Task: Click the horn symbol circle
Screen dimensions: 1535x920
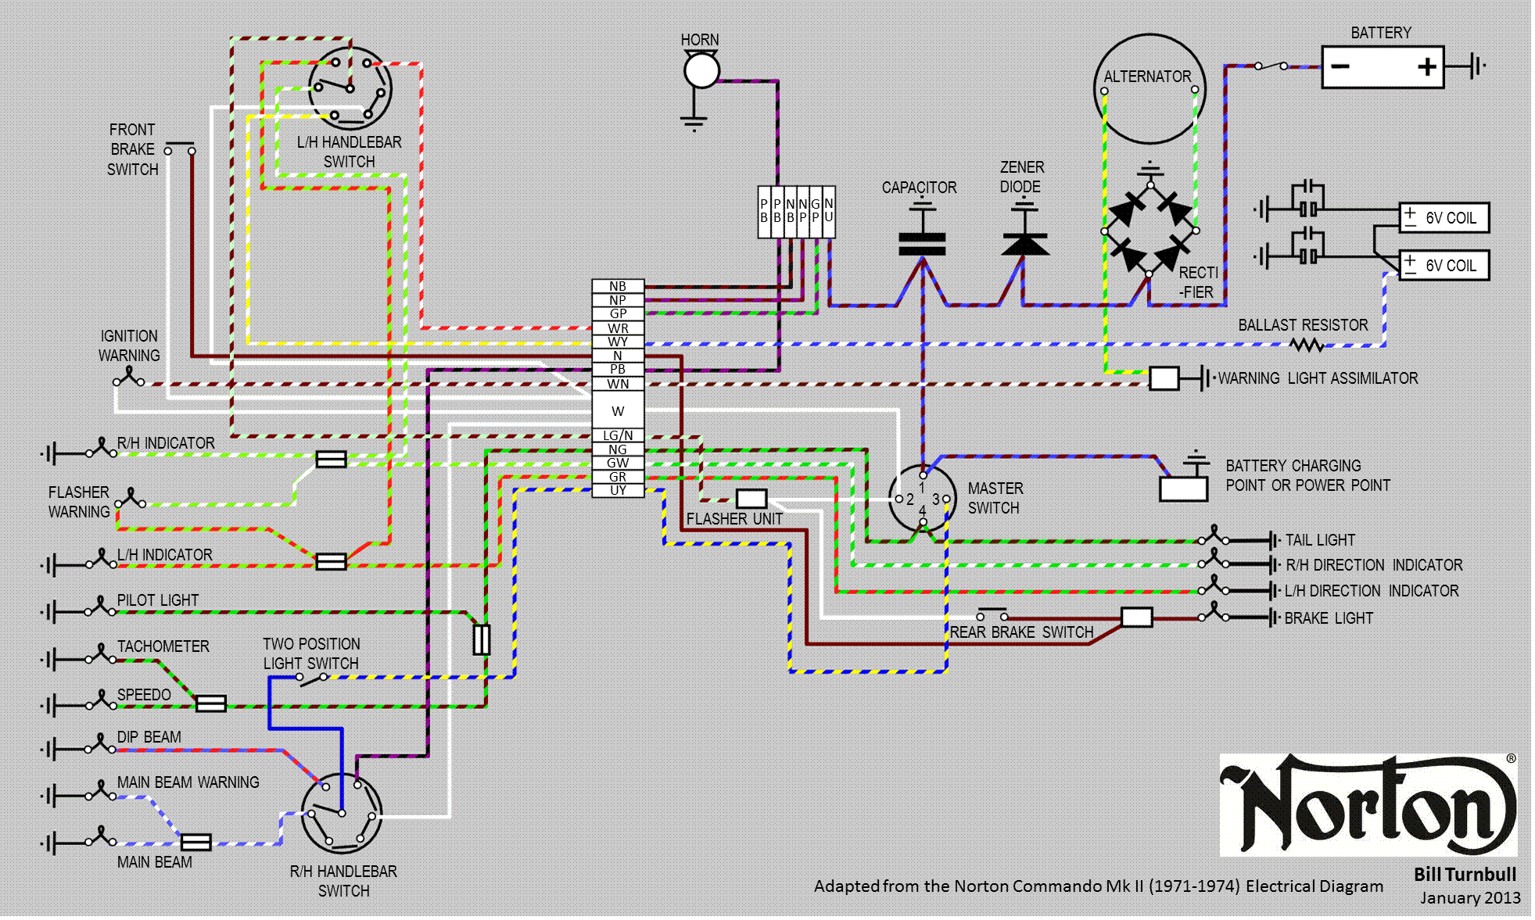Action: click(701, 71)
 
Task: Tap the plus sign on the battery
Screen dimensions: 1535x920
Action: click(1427, 66)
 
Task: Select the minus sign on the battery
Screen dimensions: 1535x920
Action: click(1340, 66)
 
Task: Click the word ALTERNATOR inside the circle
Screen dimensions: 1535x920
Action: click(1147, 77)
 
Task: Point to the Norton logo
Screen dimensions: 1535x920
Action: click(1368, 804)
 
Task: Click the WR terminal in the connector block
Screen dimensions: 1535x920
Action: click(618, 328)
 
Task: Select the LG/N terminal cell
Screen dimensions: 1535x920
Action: click(618, 435)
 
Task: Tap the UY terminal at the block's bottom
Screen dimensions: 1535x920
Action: click(618, 490)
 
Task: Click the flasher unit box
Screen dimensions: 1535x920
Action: click(751, 499)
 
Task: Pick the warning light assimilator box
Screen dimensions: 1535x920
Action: click(1164, 378)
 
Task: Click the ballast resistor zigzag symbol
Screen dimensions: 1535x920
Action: click(1307, 344)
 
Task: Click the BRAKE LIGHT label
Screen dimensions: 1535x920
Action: click(1329, 618)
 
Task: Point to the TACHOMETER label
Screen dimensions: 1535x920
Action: click(163, 646)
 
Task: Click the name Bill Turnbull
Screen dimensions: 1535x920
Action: click(1465, 875)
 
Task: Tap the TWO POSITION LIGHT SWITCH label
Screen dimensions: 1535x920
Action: click(311, 653)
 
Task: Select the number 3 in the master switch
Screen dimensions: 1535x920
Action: click(935, 499)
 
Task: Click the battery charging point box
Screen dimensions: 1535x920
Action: click(1183, 489)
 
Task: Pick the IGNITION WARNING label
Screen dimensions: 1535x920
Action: click(129, 345)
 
